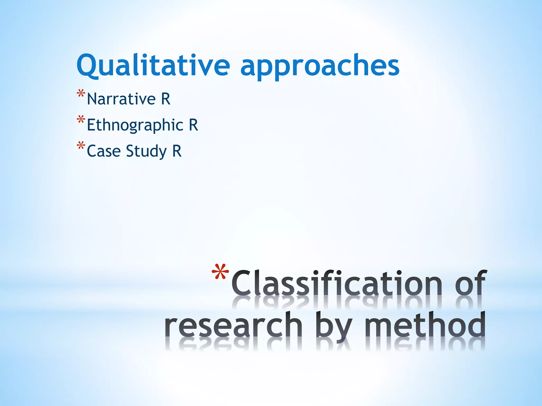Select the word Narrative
click(121, 99)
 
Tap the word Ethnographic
click(135, 125)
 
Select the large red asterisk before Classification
click(220, 273)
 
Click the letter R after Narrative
click(166, 99)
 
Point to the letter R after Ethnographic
click(193, 125)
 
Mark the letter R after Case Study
click(177, 151)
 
